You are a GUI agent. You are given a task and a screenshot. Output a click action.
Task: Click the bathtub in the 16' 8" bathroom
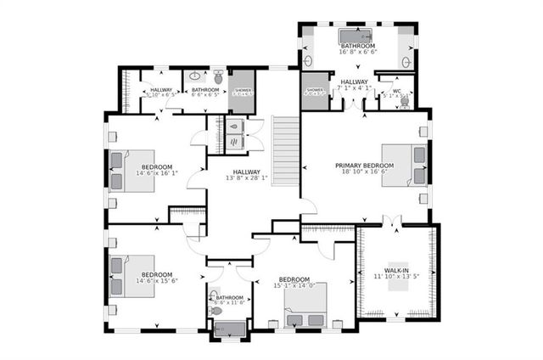[357, 37]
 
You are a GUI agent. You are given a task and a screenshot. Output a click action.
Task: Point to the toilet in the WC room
[404, 100]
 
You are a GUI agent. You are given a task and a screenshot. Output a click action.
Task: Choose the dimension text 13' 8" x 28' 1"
[246, 178]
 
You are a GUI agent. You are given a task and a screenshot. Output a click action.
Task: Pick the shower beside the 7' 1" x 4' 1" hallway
[315, 91]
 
